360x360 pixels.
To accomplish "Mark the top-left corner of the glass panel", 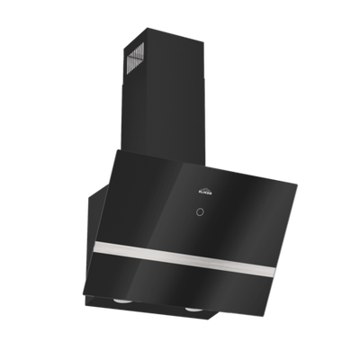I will click(113, 157).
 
